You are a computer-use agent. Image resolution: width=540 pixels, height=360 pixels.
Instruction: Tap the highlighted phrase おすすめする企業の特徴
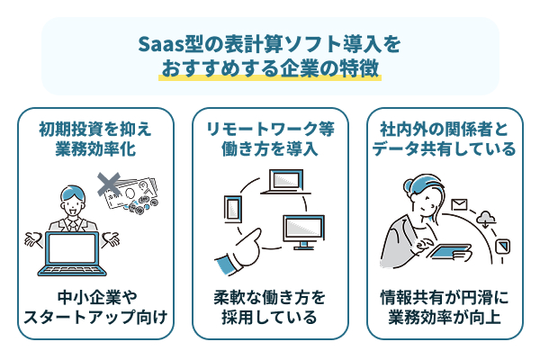tap(270, 69)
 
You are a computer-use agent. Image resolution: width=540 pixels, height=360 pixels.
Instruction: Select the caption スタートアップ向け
tap(95, 317)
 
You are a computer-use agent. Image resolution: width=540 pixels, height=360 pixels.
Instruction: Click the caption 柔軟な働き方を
tap(270, 296)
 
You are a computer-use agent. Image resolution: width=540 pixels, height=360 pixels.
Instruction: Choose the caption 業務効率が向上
tap(444, 317)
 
